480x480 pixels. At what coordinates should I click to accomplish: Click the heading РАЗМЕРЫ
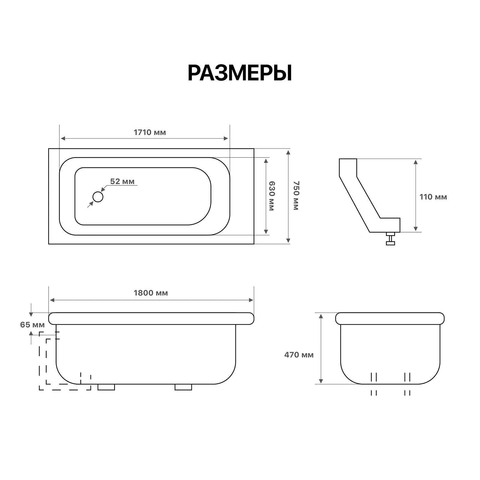pyautogui.click(x=239, y=73)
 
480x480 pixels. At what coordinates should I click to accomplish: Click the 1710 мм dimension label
pyautogui.click(x=150, y=132)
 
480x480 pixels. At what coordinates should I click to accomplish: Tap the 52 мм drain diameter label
pyautogui.click(x=122, y=181)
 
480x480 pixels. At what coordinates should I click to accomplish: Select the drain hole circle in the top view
pyautogui.click(x=98, y=197)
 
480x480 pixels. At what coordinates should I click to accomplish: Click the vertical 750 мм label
pyautogui.click(x=296, y=196)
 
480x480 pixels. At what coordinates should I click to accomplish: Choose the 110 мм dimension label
pyautogui.click(x=433, y=197)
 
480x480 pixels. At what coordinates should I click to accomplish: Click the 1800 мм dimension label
pyautogui.click(x=151, y=293)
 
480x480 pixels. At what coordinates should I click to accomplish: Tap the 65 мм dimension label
pyautogui.click(x=32, y=325)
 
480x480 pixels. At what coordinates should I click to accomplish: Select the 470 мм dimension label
pyautogui.click(x=299, y=355)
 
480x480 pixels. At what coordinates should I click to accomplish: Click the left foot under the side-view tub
pyautogui.click(x=106, y=387)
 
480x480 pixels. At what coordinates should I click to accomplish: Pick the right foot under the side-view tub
pyautogui.click(x=183, y=387)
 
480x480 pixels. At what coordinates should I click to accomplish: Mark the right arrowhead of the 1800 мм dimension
pyautogui.click(x=251, y=300)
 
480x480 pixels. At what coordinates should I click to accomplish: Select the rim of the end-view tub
pyautogui.click(x=390, y=318)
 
